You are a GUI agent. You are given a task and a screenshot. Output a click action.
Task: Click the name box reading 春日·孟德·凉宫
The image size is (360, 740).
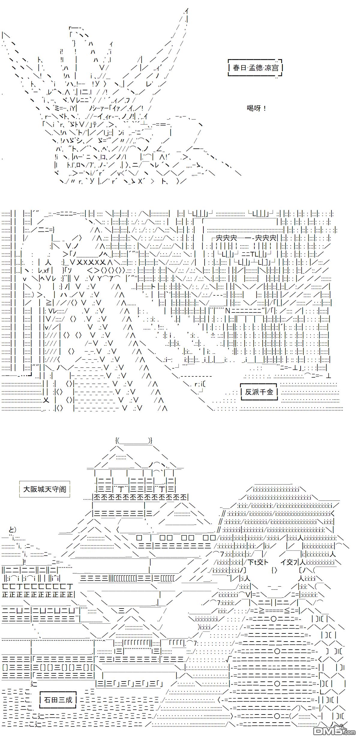tap(256, 68)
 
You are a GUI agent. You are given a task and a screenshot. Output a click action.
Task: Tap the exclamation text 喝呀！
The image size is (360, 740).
tap(256, 108)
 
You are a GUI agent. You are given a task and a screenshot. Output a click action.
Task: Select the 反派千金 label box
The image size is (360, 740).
tap(259, 392)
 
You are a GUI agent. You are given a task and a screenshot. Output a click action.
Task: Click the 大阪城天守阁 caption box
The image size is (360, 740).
tap(44, 489)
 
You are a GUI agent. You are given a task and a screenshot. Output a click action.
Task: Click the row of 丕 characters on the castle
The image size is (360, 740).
tap(141, 497)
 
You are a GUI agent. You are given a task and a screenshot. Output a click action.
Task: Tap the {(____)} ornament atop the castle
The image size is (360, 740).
tap(134, 441)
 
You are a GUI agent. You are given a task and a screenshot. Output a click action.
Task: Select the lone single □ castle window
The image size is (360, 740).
tap(139, 537)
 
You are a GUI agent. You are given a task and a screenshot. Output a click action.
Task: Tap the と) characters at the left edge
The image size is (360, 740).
tap(13, 530)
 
